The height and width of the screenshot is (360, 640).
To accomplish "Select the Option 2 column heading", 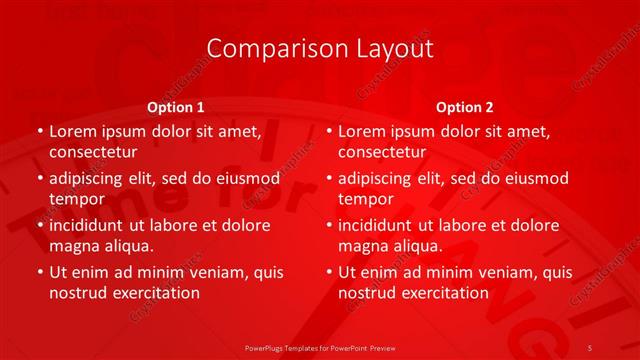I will [x=464, y=106].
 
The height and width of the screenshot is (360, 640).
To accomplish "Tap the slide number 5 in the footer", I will [x=590, y=347].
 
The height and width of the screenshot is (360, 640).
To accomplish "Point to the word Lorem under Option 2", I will [x=361, y=131].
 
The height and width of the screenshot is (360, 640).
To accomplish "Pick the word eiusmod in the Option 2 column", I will [x=536, y=178].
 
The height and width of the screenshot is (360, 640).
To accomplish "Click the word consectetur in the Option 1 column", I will [x=93, y=152].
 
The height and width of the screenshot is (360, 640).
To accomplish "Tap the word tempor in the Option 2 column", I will [x=366, y=199].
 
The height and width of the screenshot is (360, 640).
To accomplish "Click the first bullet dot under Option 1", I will [x=39, y=132].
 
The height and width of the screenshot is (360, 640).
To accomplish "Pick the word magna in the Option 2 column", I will [x=363, y=244].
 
